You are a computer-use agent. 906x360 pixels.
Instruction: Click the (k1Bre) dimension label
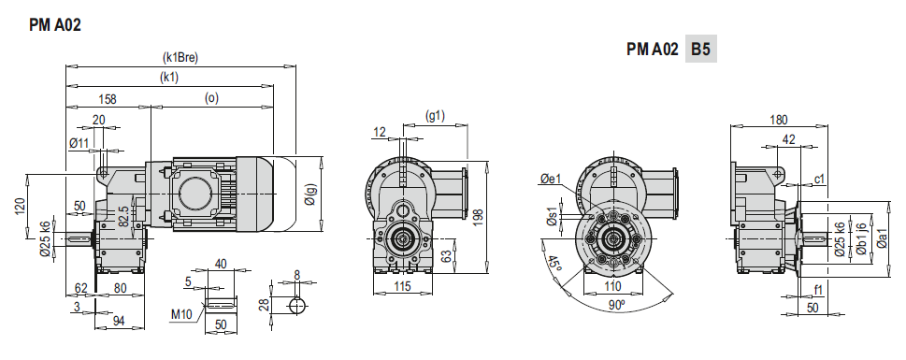click(x=180, y=57)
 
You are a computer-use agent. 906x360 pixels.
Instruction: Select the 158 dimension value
click(x=108, y=99)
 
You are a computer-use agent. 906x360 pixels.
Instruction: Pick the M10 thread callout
click(x=183, y=314)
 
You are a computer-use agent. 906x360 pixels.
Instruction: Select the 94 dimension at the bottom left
click(x=119, y=322)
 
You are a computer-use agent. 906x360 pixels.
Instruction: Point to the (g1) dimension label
click(x=435, y=116)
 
